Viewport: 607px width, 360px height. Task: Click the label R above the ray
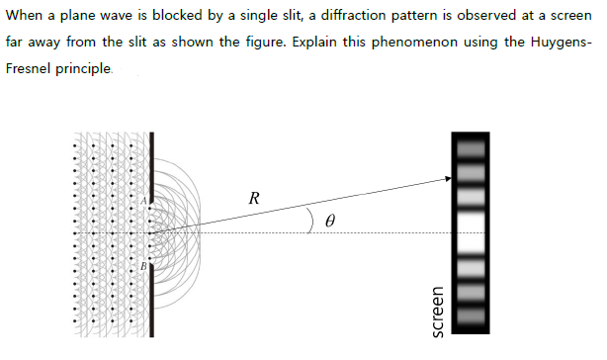[254, 197]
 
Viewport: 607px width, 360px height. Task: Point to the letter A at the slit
[144, 199]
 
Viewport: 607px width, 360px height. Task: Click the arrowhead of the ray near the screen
[445, 179]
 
